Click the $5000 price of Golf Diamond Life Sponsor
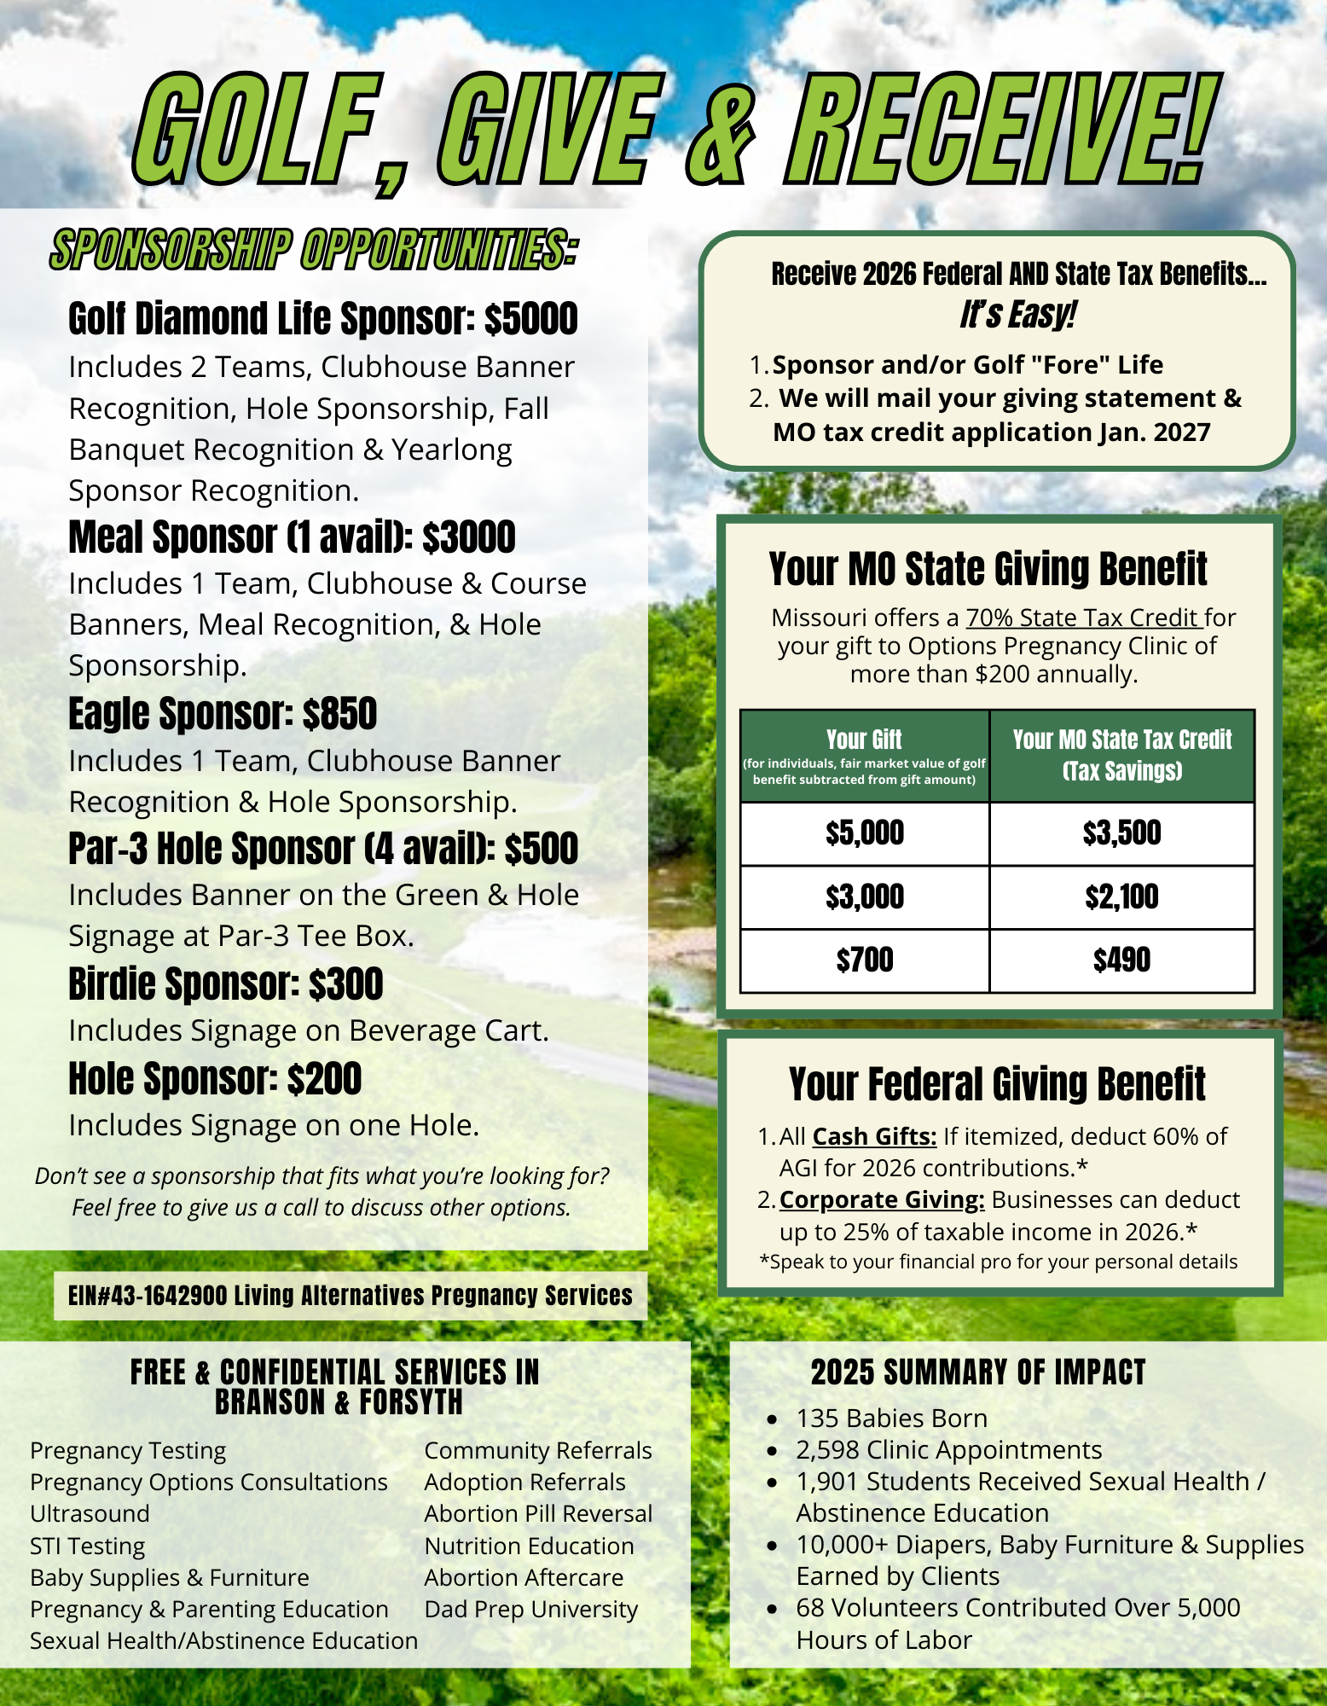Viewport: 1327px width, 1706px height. [x=530, y=319]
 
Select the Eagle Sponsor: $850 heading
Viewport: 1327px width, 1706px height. [x=222, y=714]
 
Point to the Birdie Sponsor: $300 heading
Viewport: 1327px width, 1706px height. [x=225, y=984]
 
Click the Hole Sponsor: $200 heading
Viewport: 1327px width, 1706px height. [x=215, y=1078]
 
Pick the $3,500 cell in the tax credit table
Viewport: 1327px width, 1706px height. [x=1121, y=833]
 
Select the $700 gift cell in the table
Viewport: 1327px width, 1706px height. [x=864, y=960]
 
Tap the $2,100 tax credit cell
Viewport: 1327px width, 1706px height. [x=1121, y=897]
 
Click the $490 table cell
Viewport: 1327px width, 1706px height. [x=1121, y=960]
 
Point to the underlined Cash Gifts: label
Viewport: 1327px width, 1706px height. [x=874, y=1136]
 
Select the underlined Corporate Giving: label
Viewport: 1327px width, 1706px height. [x=882, y=1199]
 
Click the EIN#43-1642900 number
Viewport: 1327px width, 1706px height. [x=148, y=1296]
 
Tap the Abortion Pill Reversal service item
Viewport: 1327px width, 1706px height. [x=538, y=1513]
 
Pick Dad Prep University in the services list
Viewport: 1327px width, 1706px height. [x=530, y=1609]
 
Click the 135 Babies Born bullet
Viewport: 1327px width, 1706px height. [x=891, y=1418]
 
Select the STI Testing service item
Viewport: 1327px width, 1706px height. [x=88, y=1546]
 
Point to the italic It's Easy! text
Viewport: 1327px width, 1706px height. [x=1017, y=314]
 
